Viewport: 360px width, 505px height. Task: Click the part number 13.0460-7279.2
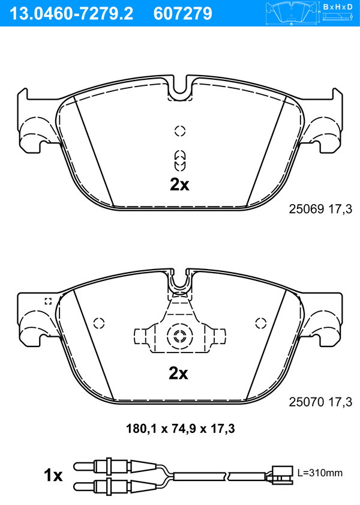(x=71, y=13)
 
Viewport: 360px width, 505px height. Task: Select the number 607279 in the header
(x=183, y=13)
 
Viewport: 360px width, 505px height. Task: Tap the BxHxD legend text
(x=338, y=7)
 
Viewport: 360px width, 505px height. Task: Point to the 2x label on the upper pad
(x=179, y=184)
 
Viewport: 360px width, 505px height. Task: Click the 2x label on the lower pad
(x=178, y=373)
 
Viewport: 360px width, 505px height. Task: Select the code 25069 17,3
(x=320, y=210)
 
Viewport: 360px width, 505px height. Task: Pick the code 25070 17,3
(x=320, y=402)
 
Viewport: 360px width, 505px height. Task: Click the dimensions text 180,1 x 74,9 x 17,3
(x=180, y=429)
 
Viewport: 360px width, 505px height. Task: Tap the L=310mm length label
(x=320, y=473)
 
